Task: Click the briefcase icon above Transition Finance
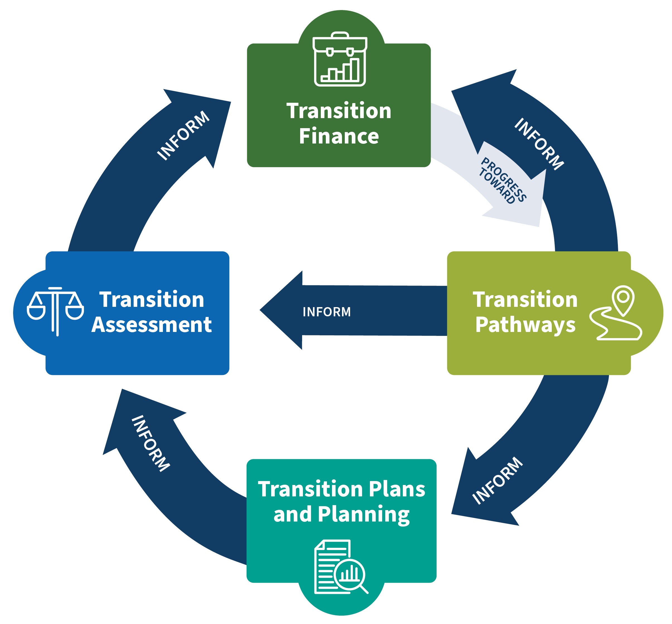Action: [340, 59]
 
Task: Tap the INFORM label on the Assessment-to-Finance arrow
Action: [184, 135]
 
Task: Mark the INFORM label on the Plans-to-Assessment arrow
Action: [150, 443]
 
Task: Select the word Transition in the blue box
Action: [151, 300]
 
